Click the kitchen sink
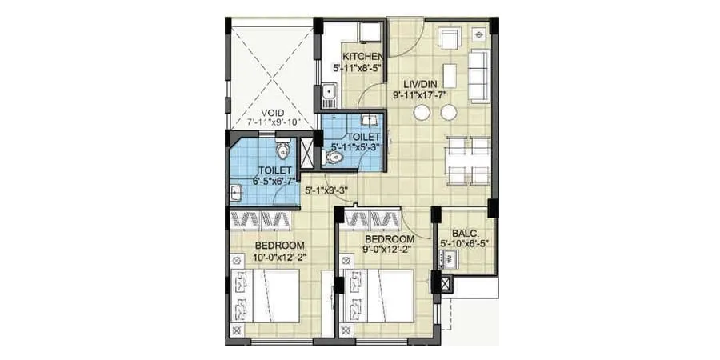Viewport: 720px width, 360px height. (x=328, y=95)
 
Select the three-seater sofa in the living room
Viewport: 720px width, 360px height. (x=478, y=76)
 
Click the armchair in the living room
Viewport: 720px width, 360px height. (x=450, y=38)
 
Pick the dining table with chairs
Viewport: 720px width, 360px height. (x=468, y=160)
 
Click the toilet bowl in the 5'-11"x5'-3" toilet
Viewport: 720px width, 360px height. (x=337, y=158)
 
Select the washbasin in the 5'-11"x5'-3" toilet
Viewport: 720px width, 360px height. (x=370, y=121)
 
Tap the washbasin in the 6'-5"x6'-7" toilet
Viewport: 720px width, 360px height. (x=237, y=192)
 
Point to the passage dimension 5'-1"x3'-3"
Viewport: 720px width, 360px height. (x=326, y=190)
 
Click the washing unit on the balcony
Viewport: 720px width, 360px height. (x=448, y=258)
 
